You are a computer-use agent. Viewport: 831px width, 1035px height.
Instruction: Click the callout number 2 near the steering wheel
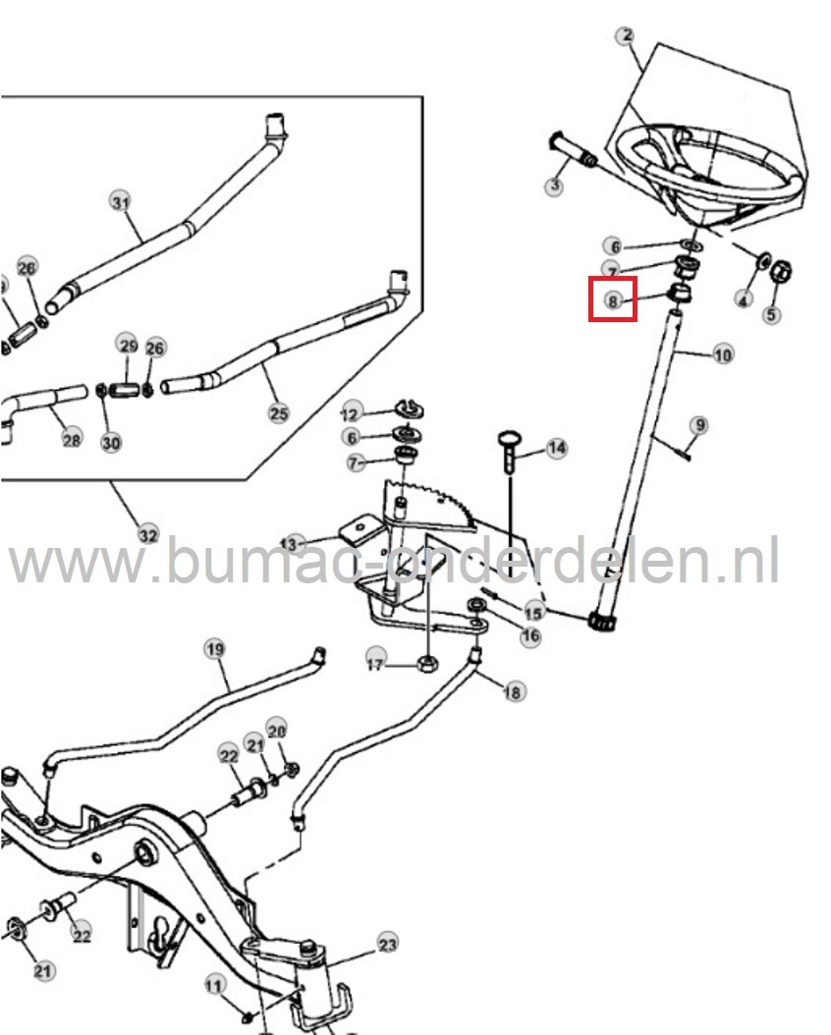[626, 36]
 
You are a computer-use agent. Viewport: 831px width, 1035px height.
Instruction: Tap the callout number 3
[555, 185]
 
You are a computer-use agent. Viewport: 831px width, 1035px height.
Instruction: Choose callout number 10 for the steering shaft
[723, 354]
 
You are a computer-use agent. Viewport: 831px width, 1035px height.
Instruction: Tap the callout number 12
[352, 410]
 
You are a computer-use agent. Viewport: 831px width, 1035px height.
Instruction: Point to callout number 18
[512, 692]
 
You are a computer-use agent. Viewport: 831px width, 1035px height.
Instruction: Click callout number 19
[214, 648]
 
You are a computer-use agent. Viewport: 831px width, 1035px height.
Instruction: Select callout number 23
[388, 945]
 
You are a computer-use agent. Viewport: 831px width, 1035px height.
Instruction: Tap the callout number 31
[119, 203]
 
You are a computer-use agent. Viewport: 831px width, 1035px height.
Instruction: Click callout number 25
[279, 412]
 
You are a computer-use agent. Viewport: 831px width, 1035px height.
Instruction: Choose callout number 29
[128, 345]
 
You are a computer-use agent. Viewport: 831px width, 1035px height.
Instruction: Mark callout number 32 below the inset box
[147, 535]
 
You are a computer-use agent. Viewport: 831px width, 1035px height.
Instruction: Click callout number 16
[530, 636]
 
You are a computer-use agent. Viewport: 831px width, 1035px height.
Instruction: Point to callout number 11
[214, 984]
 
